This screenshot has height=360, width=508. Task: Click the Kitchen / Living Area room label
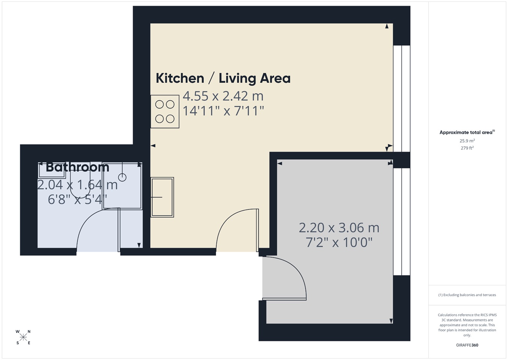click(223, 78)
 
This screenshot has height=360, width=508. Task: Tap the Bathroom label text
click(77, 167)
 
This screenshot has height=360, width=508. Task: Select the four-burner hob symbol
click(165, 111)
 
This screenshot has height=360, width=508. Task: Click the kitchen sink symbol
click(162, 197)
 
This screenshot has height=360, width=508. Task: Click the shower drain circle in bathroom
click(122, 177)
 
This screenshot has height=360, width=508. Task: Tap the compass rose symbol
click(23, 337)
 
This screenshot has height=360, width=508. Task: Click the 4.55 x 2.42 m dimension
click(223, 96)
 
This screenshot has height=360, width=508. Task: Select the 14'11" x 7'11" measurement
click(223, 111)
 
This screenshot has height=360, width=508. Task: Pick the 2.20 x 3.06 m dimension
click(339, 228)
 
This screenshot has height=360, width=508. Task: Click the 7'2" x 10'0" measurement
click(339, 243)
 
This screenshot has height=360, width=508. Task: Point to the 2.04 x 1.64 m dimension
click(77, 184)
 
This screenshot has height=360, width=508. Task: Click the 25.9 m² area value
click(467, 141)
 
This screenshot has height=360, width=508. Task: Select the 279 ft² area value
click(467, 148)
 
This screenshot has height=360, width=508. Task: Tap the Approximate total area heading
click(467, 132)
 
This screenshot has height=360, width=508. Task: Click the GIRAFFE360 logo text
click(467, 345)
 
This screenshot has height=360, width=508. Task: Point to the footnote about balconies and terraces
click(467, 295)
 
